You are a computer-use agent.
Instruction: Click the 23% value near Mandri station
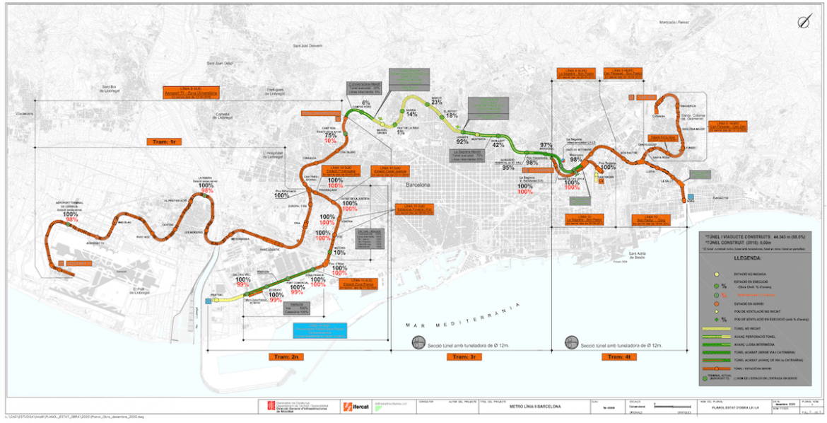click(x=436, y=102)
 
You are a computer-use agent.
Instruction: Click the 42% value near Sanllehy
click(x=498, y=145)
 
